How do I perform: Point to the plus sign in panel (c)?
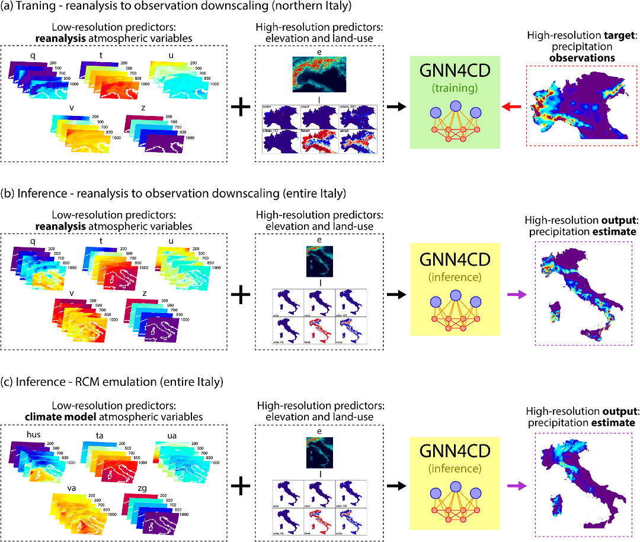coord(240,486)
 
